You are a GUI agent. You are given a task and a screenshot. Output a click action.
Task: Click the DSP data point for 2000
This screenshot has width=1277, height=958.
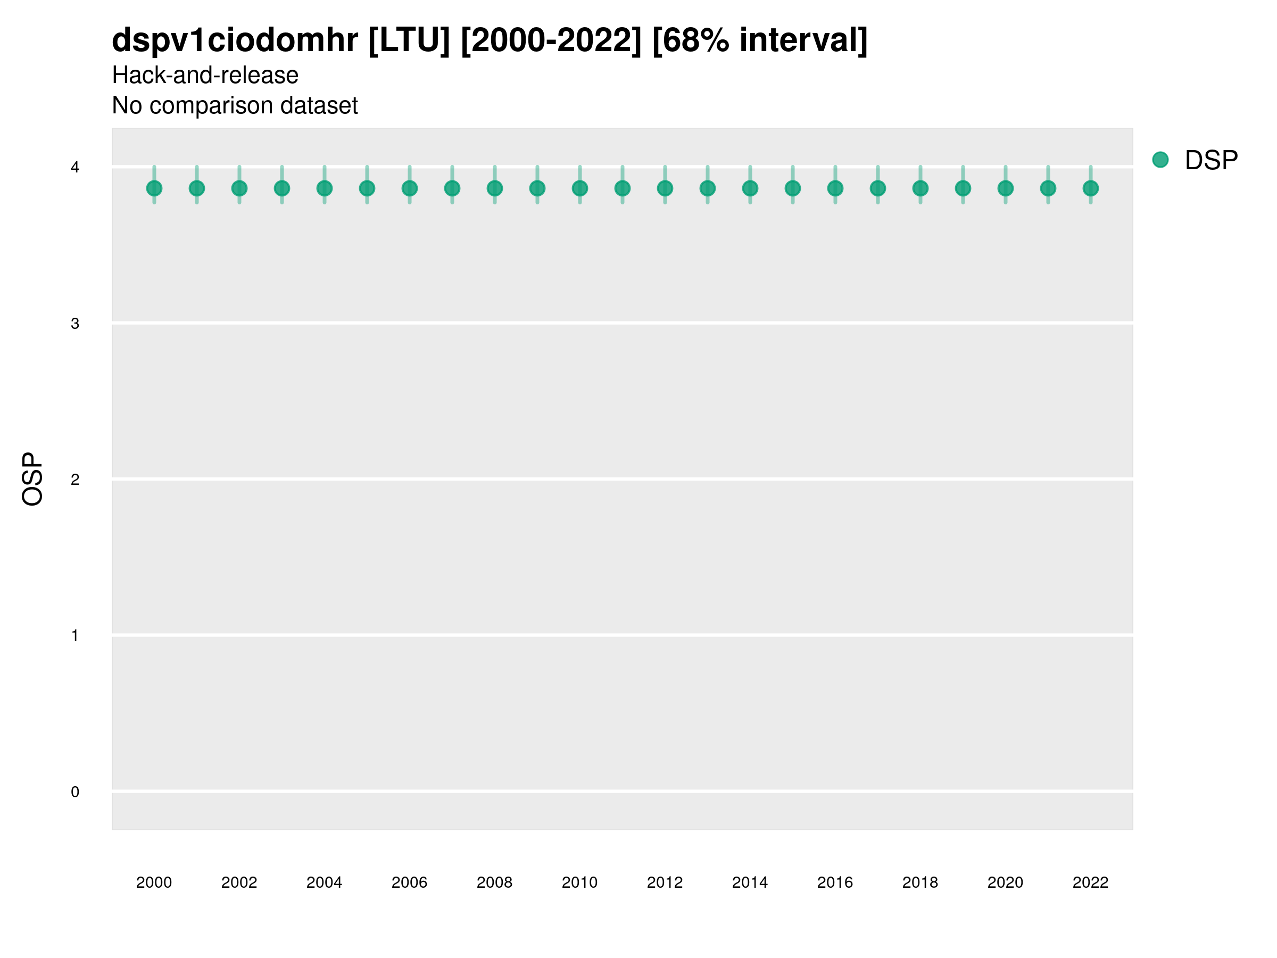154,188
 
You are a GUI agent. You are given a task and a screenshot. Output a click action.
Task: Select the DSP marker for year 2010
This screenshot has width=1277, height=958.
579,188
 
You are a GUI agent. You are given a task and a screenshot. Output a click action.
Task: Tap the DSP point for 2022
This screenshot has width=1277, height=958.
1091,188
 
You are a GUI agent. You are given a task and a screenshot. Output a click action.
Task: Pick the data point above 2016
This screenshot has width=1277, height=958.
835,188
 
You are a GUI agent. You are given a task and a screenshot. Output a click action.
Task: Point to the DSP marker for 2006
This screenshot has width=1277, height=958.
409,188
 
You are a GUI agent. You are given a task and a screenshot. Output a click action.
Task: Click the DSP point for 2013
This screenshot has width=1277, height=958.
708,188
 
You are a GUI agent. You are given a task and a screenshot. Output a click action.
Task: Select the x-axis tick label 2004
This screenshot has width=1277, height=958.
324,882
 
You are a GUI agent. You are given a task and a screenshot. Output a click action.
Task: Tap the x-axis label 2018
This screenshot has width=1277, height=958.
920,882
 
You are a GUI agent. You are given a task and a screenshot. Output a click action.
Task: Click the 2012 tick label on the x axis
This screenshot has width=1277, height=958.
665,882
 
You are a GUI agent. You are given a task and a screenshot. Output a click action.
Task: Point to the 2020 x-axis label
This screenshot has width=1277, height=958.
1005,882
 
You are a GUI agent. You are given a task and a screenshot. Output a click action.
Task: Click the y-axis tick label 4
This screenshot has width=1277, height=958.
75,168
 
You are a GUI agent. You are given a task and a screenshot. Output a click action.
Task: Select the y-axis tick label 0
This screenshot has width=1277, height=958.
75,792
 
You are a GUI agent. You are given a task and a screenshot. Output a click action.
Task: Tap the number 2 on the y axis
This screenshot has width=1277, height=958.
75,480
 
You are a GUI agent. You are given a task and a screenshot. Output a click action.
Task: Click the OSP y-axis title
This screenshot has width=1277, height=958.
32,480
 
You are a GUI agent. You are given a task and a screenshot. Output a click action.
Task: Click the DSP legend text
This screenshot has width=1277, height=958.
1211,160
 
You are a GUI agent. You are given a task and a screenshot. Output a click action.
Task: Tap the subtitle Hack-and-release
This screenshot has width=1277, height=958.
205,75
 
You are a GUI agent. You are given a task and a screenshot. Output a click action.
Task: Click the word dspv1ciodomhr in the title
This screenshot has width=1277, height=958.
235,40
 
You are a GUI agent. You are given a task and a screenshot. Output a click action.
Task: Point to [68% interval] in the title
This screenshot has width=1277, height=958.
760,40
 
